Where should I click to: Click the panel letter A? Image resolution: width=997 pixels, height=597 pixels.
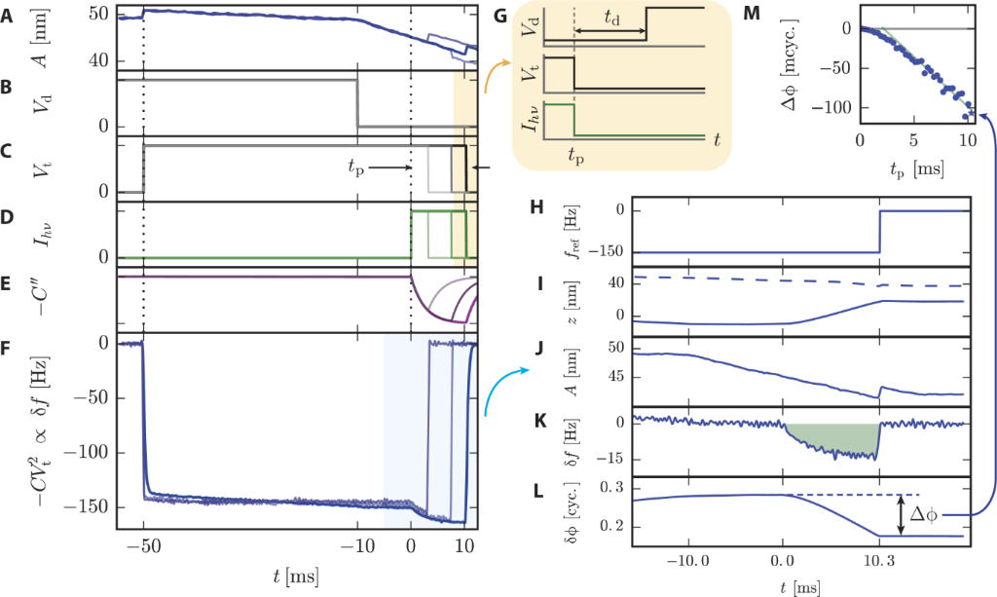coord(8,16)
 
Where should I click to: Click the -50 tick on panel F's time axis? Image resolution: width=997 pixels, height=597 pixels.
coord(142,545)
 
